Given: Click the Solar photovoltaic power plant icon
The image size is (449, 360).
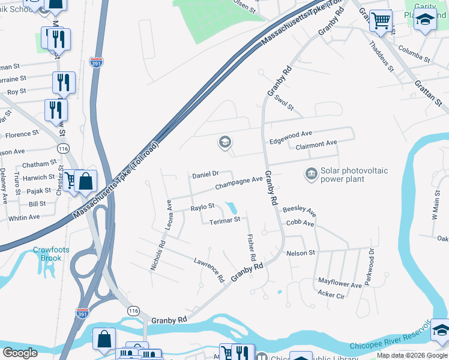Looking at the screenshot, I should tap(311, 174).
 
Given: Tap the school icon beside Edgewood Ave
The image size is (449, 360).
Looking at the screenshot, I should tap(224, 143).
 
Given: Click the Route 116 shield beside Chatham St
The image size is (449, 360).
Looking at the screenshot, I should tap(62, 147).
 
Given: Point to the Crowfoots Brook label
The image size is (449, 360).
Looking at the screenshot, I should tap(47, 254).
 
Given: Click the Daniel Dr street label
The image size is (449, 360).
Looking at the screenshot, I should tap(205, 175).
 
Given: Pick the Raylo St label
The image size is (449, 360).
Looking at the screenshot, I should tap(202, 207).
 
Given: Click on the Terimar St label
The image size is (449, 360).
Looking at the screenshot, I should tap(225, 221).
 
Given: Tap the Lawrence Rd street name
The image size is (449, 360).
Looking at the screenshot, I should tap(208, 270).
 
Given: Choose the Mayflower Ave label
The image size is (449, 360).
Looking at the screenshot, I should tap(340, 283).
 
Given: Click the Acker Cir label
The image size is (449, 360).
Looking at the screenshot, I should tap(331, 295).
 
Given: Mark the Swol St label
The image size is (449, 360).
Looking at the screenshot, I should tap(283, 104).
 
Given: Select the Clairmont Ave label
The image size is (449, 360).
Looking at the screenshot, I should tap(313, 144).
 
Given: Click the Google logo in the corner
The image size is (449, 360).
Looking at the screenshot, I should tap(20, 352).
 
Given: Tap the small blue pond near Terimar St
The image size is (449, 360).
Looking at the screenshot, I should tap(231, 208).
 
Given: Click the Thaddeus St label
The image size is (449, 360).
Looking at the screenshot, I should tap(381, 56).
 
